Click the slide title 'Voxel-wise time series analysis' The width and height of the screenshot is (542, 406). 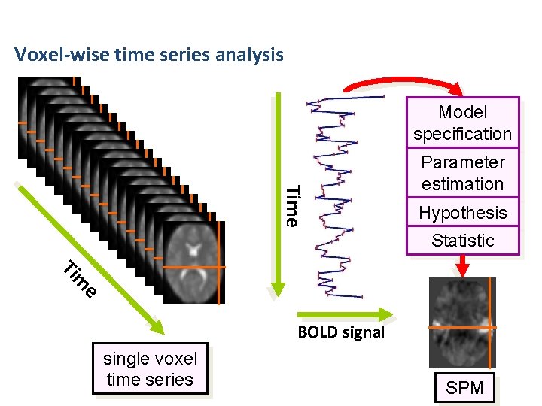149,55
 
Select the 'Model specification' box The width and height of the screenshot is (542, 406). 462,123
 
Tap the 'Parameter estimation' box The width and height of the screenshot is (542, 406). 462,173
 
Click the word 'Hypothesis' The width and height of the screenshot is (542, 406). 462,213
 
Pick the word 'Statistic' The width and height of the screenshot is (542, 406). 462,241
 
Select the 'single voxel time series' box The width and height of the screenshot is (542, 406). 150,368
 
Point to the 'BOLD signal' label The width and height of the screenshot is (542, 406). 340,332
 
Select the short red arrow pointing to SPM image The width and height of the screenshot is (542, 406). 463,265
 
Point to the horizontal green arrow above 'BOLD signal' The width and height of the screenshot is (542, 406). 343,314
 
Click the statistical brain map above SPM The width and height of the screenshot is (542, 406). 462,322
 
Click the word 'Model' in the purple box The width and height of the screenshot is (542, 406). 462,113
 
